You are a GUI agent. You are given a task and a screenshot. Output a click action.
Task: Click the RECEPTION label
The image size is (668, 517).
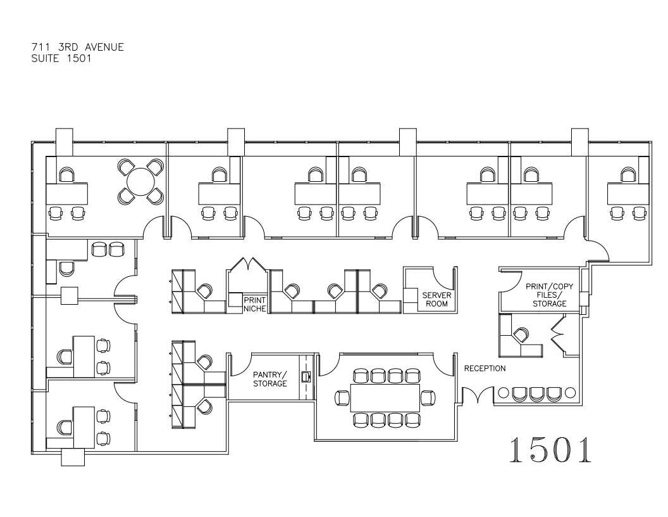pyautogui.click(x=485, y=368)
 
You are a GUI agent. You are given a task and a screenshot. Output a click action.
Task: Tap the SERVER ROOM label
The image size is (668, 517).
pyautogui.click(x=436, y=300)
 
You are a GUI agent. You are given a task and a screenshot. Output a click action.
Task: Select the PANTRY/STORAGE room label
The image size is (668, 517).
pyautogui.click(x=270, y=379)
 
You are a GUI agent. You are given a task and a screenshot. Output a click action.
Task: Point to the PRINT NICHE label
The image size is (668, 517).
pyautogui.click(x=255, y=305)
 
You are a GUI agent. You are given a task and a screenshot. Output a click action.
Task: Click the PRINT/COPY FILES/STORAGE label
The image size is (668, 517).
pyautogui.click(x=549, y=295)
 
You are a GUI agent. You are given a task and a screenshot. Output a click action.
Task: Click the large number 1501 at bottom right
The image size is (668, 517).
pyautogui.click(x=550, y=450)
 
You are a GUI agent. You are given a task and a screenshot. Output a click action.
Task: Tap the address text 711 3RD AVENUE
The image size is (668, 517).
pyautogui.click(x=78, y=47)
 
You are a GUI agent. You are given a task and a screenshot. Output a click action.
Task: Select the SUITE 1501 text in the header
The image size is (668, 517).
pyautogui.click(x=61, y=58)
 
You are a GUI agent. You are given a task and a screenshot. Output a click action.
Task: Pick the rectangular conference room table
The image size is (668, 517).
pyautogui.click(x=385, y=398)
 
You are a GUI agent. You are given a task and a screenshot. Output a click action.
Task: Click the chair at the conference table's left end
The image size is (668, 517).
pyautogui.click(x=343, y=398)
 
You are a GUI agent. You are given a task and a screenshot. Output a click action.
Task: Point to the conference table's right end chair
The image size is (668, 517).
pyautogui.click(x=428, y=398)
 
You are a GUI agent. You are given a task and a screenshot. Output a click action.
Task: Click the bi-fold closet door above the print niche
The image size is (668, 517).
pyautogui.click(x=247, y=264)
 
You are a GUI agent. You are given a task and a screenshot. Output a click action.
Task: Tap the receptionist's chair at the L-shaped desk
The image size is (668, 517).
pyautogui.click(x=521, y=335)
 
